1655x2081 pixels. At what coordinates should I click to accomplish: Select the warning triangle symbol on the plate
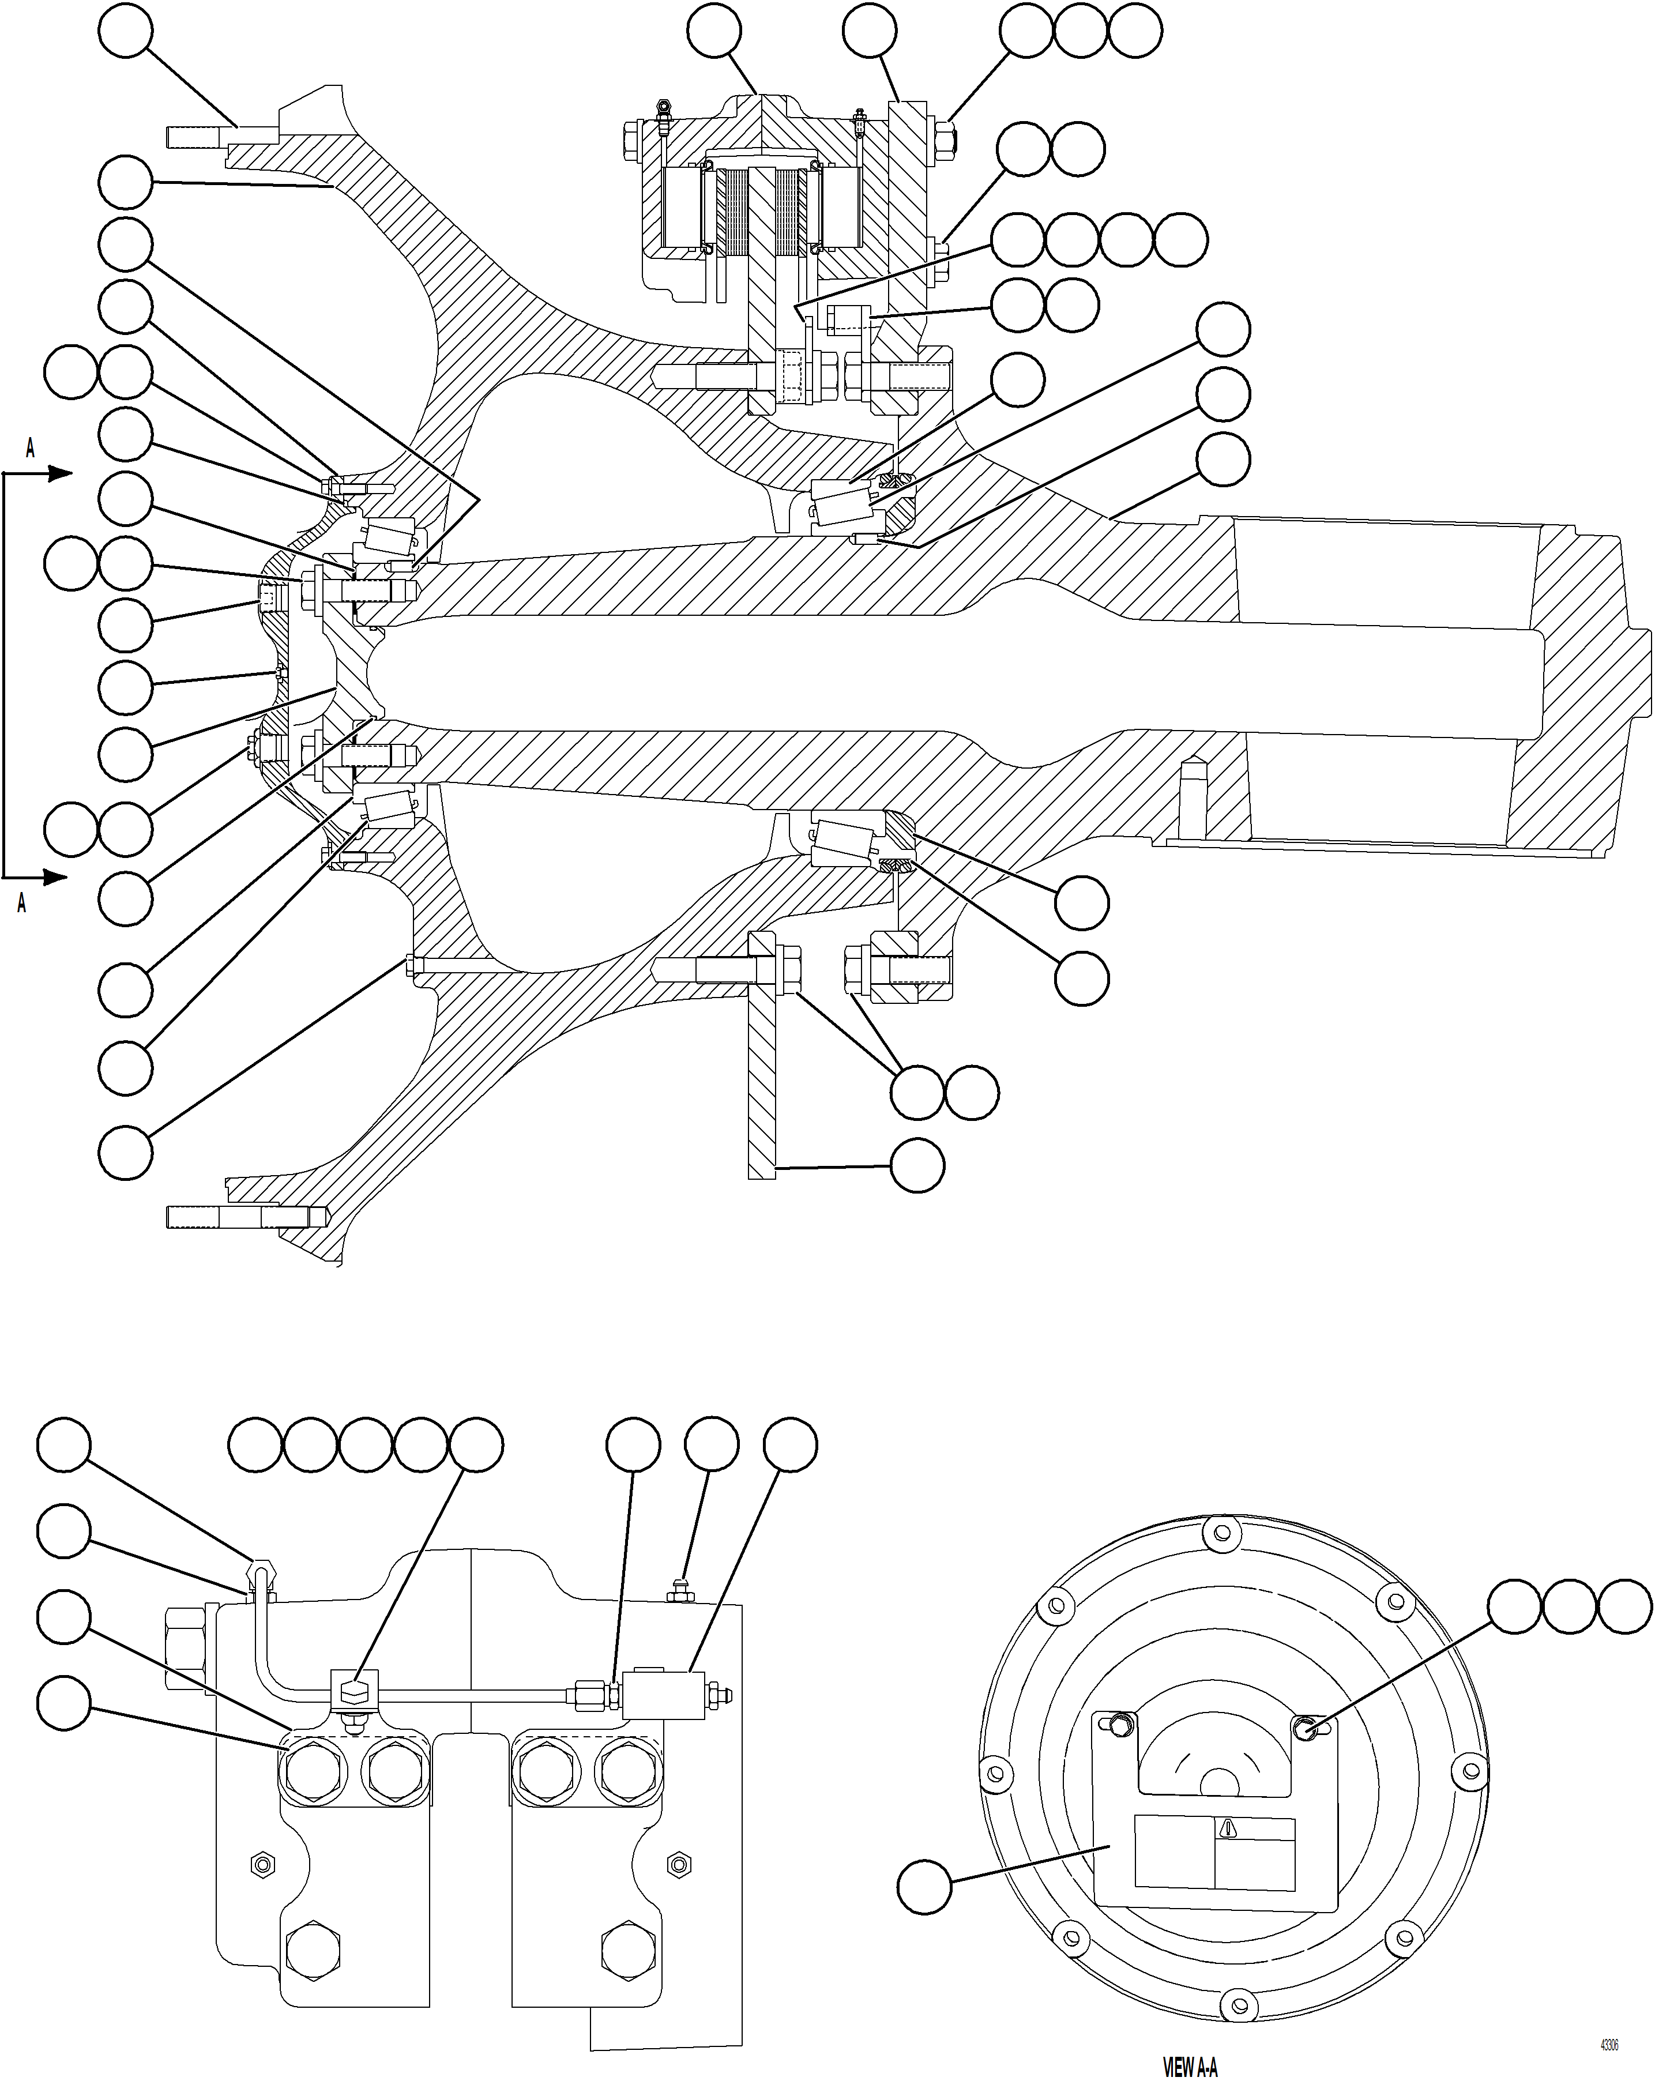pyautogui.click(x=1228, y=1827)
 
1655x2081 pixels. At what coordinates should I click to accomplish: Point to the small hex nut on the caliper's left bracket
pyautogui.click(x=261, y=1864)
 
